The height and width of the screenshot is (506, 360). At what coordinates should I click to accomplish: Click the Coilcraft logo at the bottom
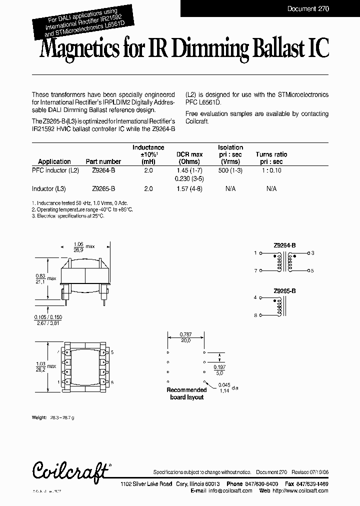point(71,470)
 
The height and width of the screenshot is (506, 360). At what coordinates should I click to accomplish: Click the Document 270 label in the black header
point(308,9)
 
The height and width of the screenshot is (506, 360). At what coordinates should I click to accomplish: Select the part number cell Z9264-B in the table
point(103,170)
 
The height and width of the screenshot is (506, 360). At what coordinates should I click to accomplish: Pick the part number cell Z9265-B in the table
point(103,188)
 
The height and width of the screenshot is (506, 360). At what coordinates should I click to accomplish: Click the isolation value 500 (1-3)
point(230,170)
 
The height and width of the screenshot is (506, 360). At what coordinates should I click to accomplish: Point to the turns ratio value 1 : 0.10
point(271,170)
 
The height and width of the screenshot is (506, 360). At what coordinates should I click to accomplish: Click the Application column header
point(54,161)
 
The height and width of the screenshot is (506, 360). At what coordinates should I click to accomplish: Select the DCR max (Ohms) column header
point(189,158)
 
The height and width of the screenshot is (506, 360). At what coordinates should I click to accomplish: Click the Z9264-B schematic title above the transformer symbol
point(284,245)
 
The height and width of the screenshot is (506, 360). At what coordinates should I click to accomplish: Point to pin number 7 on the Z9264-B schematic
point(255,270)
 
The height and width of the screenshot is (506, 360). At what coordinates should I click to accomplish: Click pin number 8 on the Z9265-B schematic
point(255,315)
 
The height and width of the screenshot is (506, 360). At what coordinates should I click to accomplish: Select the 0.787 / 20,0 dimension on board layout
point(186,337)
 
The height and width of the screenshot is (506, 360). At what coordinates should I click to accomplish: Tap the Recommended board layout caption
point(186,393)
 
